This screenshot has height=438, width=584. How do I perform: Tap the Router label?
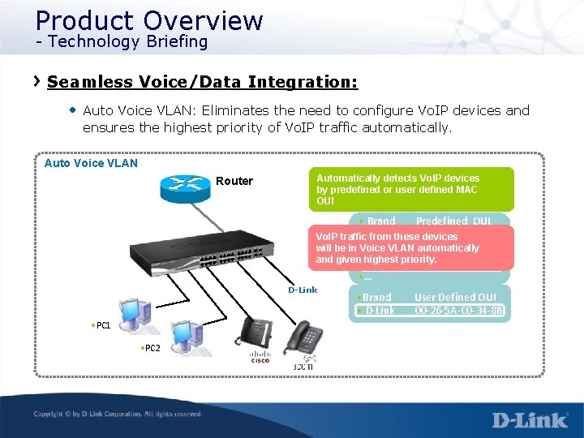click(234, 181)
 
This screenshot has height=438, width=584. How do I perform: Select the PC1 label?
click(101, 325)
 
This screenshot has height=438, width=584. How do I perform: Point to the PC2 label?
click(150, 348)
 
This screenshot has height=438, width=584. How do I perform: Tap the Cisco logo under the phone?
click(260, 356)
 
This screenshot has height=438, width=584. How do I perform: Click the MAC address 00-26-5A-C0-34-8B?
click(459, 310)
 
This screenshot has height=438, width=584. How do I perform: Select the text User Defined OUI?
click(455, 298)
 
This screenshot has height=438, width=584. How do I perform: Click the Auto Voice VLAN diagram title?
click(91, 163)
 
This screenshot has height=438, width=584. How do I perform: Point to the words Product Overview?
click(149, 19)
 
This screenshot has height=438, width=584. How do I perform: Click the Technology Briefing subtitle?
click(122, 41)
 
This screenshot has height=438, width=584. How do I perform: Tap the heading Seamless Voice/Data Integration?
click(202, 82)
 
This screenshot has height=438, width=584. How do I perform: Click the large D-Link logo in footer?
click(530, 420)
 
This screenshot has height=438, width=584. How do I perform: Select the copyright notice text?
click(118, 414)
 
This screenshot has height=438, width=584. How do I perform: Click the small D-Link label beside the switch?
click(303, 290)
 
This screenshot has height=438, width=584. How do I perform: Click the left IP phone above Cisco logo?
click(257, 333)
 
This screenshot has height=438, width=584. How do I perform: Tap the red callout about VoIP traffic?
click(410, 247)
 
